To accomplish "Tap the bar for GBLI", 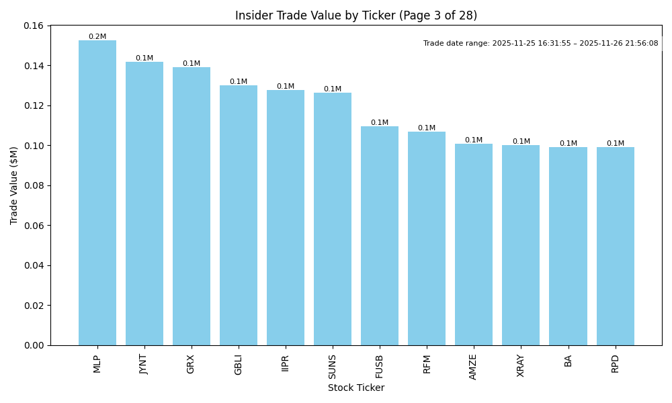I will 239,215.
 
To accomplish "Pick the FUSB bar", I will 380,236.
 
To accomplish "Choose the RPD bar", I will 615,246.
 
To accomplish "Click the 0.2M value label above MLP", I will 97,37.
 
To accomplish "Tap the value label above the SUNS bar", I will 333,89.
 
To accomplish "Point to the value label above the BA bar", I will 568,143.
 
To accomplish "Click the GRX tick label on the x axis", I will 192,364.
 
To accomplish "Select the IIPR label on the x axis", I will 286,363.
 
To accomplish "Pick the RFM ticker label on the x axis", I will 427,364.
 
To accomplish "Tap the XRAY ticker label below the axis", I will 521,366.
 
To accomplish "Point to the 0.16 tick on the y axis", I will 33,26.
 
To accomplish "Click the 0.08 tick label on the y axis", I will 33,185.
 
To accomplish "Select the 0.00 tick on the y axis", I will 33,345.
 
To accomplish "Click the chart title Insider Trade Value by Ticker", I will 356,15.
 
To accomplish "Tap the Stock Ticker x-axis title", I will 356,388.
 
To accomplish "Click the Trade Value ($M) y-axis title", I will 14,185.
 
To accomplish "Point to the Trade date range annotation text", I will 540,43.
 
